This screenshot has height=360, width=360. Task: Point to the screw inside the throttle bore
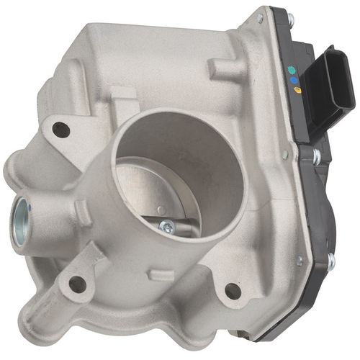coord(168,226)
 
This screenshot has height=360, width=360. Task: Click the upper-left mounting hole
coord(61,130)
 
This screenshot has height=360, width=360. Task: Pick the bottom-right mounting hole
coord(232,290)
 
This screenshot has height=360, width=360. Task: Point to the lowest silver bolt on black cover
coord(330,261)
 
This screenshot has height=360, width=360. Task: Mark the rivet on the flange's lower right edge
coord(298,261)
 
